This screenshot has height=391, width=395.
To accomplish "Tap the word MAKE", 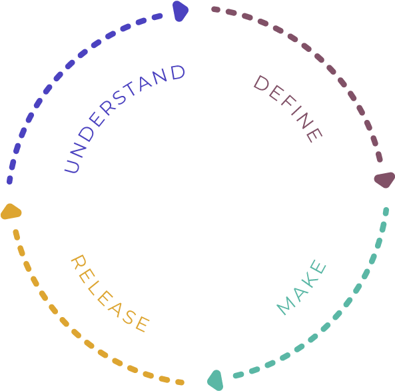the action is (x=302, y=287).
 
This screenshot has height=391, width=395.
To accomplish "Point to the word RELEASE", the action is (x=110, y=294).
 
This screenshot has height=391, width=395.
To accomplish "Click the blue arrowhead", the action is (x=180, y=11).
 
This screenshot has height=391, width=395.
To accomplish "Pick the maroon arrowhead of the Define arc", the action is (x=384, y=180).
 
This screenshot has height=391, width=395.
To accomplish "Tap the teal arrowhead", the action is (x=216, y=380).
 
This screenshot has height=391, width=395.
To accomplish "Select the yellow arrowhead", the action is (x=11, y=212).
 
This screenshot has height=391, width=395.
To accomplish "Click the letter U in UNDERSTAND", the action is (x=72, y=167).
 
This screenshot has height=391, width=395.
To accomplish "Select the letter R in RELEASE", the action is (x=79, y=262).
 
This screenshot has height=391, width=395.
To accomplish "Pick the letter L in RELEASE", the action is (x=93, y=288).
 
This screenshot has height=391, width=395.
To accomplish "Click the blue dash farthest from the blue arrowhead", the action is (x=9, y=180).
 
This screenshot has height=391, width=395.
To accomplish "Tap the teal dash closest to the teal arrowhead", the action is (x=238, y=375).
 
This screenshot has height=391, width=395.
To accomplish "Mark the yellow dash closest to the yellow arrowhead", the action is (x=17, y=235).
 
